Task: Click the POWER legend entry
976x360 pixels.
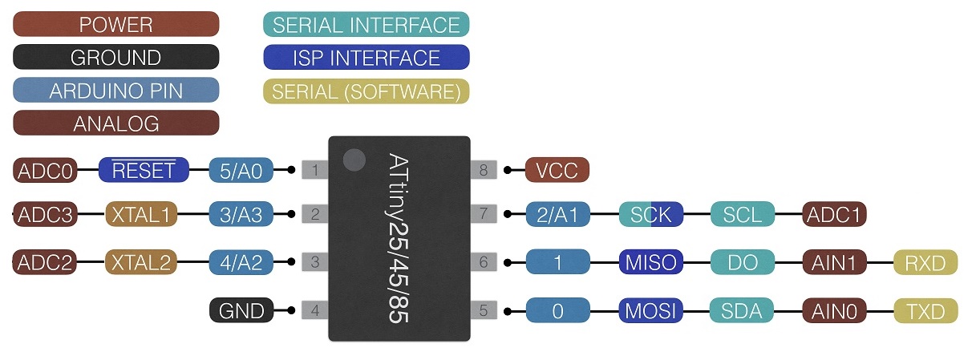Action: [x=116, y=24]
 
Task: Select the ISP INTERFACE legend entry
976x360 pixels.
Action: [x=367, y=57]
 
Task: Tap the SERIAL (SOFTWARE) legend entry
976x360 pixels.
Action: [x=367, y=91]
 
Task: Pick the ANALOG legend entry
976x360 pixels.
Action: [x=116, y=123]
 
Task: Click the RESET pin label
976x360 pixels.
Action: [x=144, y=169]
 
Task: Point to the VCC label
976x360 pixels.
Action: [x=557, y=169]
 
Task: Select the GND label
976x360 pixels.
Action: [x=241, y=310]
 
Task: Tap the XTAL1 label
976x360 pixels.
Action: [x=141, y=214]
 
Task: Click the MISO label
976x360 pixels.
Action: [x=651, y=262]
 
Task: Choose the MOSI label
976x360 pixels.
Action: [x=651, y=310]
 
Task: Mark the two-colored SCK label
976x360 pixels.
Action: [x=651, y=214]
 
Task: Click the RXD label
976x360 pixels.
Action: [x=925, y=262]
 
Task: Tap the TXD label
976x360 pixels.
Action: [x=925, y=311]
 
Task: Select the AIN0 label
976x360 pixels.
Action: [x=834, y=311]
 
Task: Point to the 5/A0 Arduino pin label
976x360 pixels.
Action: [x=241, y=170]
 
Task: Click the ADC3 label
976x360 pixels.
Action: [x=45, y=214]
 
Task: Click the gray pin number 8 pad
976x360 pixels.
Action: [x=484, y=169]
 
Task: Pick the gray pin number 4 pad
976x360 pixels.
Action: [x=315, y=310]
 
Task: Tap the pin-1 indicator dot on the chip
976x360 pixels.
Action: [x=354, y=160]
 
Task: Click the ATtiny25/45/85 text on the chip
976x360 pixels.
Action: [x=399, y=238]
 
